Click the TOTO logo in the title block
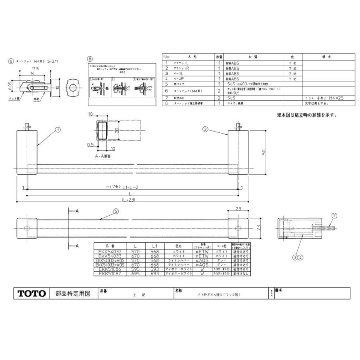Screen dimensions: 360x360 pyautogui.click(x=31, y=294)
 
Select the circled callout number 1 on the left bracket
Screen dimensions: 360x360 pyautogui.click(x=58, y=130)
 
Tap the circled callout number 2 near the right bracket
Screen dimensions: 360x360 pyautogui.click(x=205, y=129)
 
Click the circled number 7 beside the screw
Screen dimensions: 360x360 pyautogui.click(x=334, y=215)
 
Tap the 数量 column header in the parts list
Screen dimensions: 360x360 pyautogui.click(x=219, y=57)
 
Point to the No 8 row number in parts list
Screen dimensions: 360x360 pyautogui.click(x=166, y=103)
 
